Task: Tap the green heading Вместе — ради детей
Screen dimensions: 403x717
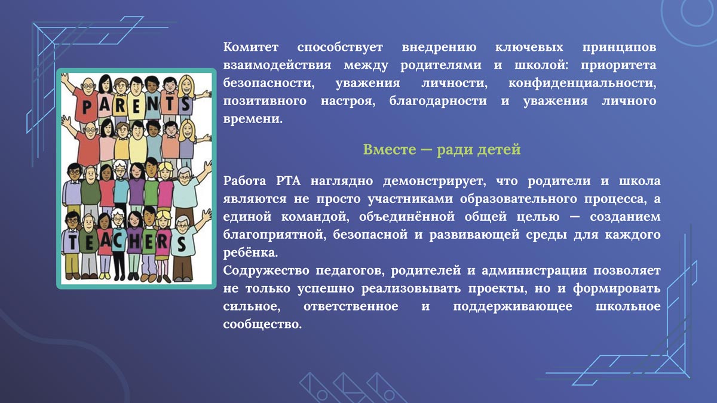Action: click(442, 150)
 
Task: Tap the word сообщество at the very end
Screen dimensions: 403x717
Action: click(259, 325)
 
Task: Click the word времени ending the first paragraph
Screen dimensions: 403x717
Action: click(251, 119)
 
